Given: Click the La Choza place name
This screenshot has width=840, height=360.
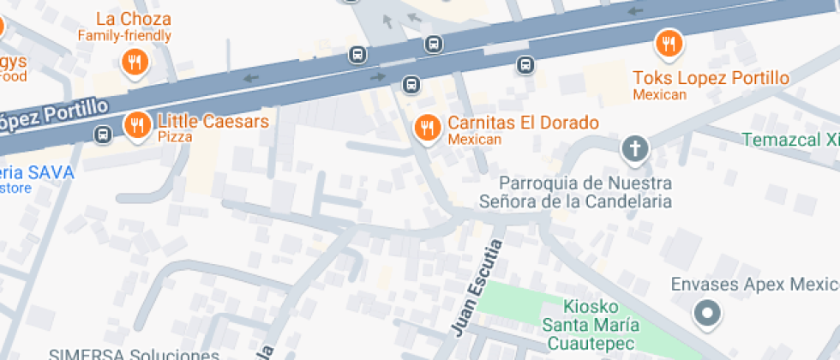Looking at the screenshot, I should point(133,19).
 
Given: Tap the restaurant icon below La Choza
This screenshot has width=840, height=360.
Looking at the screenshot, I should point(134,61).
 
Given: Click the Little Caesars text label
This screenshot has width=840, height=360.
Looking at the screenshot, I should point(213,121).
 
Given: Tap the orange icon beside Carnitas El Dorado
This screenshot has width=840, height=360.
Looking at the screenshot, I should point(427,128).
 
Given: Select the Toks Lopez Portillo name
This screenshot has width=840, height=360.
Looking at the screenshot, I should point(711,78).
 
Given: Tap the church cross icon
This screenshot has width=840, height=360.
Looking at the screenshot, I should point(635,149).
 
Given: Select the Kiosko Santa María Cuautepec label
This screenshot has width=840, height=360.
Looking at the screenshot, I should point(591,324).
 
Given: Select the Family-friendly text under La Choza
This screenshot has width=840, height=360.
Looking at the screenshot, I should point(124,36).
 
